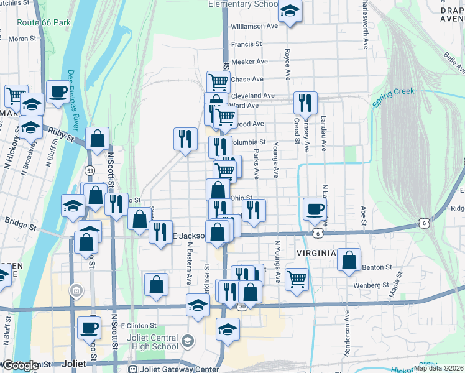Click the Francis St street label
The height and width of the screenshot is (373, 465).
coord(246,44)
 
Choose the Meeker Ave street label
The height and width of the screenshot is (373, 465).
coord(249,62)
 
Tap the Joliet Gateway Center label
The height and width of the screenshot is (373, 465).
coord(178,369)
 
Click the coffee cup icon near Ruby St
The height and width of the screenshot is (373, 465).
coord(58,92)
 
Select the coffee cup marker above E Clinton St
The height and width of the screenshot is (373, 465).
coord(89,327)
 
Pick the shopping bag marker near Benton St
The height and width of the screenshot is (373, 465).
coord(349,260)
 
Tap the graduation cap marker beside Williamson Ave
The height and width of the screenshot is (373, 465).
coord(290,12)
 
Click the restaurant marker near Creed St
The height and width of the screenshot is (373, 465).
coord(305,102)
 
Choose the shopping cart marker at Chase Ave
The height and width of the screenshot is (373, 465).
coord(218,81)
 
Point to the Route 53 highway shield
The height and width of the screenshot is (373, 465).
coord(90,170)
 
